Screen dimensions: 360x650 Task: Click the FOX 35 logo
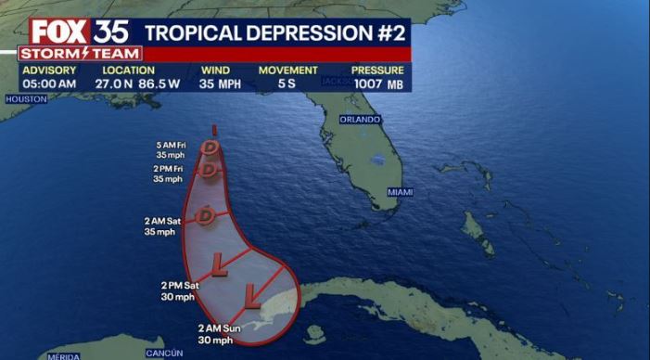coord(80,31)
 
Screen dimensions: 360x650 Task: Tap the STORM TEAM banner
coord(80,54)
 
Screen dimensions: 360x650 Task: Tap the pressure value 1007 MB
coord(377,84)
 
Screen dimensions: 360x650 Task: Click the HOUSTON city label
coord(26,98)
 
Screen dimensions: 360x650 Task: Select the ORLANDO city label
coord(360,120)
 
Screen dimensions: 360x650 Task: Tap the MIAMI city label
coord(400,191)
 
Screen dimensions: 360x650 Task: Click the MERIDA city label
coord(63,356)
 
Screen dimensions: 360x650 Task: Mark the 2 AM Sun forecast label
coord(219,333)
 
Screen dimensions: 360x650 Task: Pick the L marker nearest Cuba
coord(251,297)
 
